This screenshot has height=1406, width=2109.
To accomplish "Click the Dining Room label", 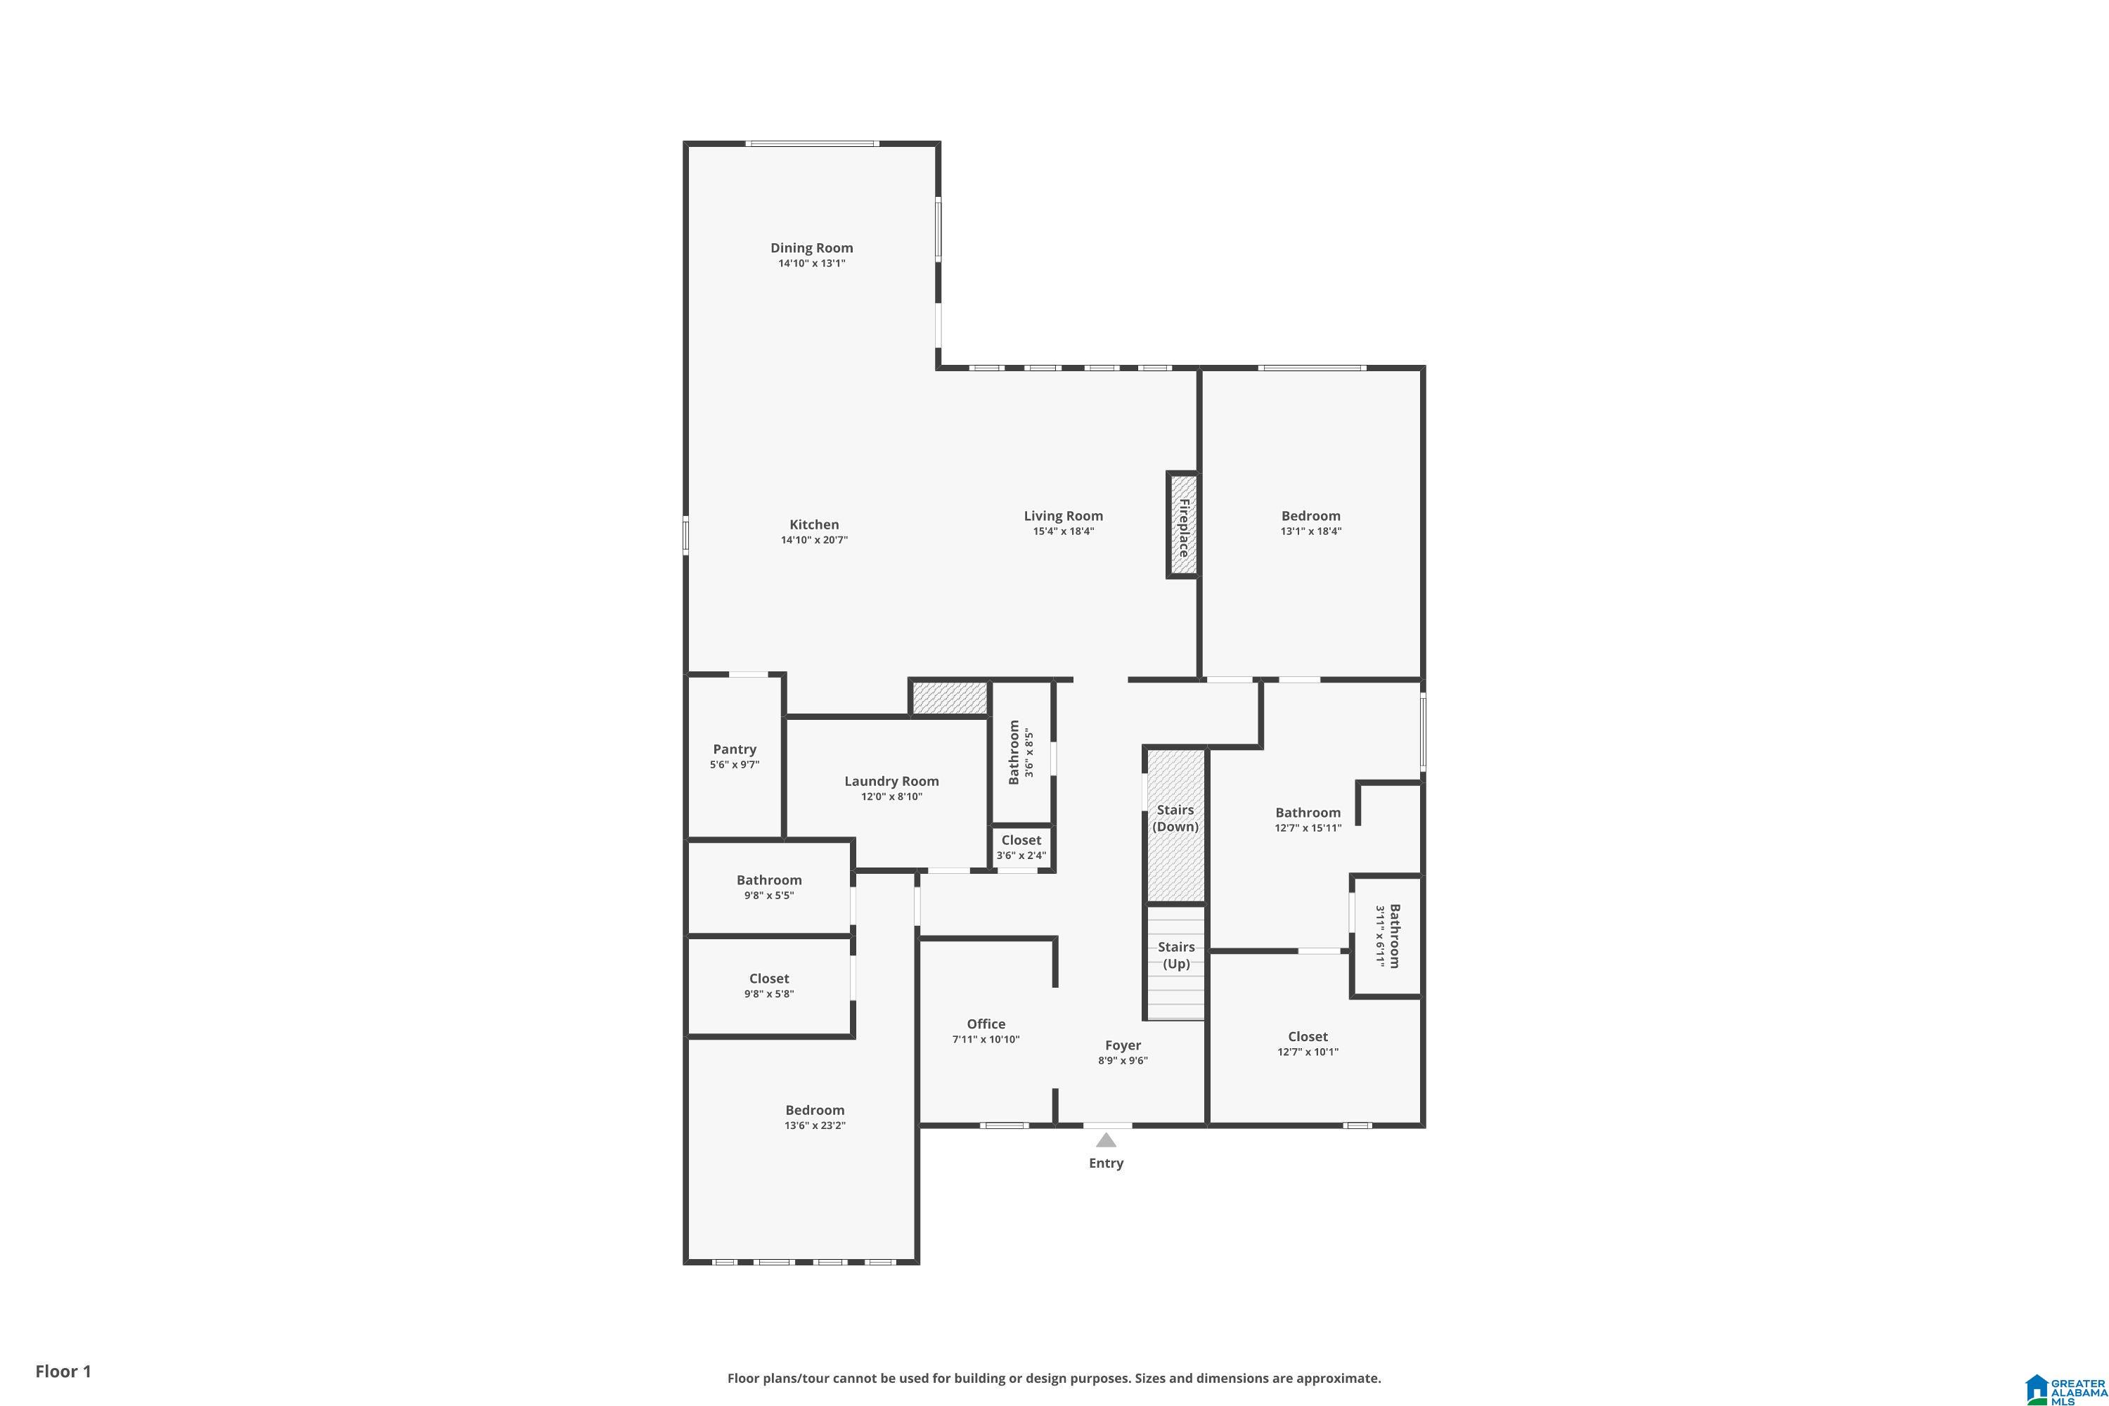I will coord(811,248).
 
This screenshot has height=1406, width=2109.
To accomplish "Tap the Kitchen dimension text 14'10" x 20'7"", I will coord(813,541).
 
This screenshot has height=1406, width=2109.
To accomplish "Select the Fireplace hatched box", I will coord(1182,525).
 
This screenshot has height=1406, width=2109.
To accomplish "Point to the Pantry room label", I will coord(735,749).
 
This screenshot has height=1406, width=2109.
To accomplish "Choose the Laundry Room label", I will coord(891,782).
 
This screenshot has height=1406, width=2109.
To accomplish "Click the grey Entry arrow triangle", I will coord(1106,1140).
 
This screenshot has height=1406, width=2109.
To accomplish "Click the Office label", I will coord(986,1024).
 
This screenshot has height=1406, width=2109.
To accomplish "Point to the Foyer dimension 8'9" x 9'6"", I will coord(1123,1061).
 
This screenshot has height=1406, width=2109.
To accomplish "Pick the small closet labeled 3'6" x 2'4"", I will coord(1021,847).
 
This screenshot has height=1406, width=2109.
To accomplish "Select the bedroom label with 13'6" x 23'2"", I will coord(814,1110).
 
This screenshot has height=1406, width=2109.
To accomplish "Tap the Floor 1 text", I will coord(63,1371).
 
